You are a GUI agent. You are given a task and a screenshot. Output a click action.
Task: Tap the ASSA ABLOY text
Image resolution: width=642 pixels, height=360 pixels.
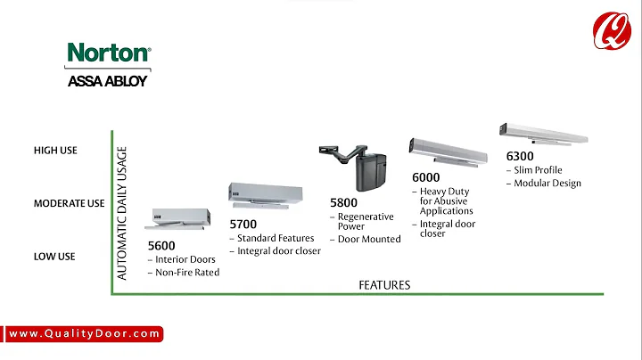(108, 81)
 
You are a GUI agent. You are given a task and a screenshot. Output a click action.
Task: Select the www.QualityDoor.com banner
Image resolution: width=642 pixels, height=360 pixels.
(86, 334)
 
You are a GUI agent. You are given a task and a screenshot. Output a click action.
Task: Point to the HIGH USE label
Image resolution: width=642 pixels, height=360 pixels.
(55, 151)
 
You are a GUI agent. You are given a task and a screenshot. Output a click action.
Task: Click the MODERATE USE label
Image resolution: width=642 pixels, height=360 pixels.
(69, 203)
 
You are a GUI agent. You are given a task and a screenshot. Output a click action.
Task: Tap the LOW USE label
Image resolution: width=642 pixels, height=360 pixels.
(54, 257)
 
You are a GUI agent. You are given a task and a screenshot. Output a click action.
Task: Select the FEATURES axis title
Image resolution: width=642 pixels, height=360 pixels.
(384, 285)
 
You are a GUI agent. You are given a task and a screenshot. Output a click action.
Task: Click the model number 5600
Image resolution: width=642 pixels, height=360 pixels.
(162, 245)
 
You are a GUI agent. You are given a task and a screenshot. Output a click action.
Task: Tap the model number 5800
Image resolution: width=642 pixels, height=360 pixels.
(345, 202)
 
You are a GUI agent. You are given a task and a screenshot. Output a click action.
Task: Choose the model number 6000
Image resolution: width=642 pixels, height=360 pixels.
(426, 177)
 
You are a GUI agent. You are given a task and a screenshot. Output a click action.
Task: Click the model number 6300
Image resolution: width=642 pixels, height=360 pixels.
(520, 156)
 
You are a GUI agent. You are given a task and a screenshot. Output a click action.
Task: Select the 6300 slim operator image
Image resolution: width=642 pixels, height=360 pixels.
(544, 133)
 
